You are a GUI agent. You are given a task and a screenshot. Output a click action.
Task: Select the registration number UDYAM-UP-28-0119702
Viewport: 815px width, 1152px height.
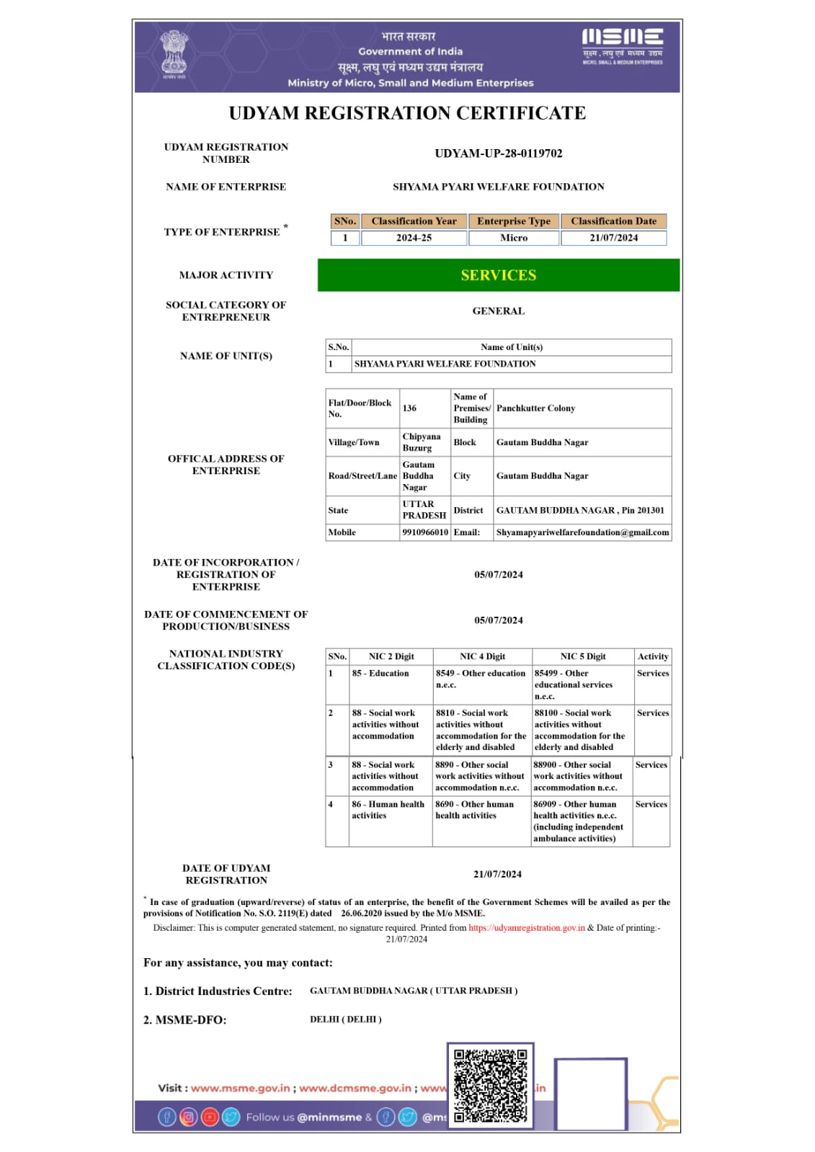click(499, 153)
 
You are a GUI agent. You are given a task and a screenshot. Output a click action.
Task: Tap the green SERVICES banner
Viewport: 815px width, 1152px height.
click(499, 275)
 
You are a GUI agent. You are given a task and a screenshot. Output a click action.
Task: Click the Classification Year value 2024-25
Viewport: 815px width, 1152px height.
click(414, 238)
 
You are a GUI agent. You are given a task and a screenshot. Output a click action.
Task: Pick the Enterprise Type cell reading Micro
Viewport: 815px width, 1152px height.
click(514, 238)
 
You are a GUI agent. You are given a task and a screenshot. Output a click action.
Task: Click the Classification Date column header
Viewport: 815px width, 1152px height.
click(613, 221)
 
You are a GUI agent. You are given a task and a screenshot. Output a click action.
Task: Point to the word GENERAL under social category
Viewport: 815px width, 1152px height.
click(499, 311)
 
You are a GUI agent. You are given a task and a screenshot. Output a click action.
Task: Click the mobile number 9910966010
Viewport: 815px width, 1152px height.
click(425, 532)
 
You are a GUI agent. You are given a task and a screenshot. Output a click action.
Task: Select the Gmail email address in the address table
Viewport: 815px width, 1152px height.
click(582, 532)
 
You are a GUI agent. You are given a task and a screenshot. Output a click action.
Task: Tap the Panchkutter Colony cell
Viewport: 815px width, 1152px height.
click(535, 408)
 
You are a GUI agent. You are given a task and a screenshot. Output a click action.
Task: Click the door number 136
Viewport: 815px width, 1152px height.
click(409, 408)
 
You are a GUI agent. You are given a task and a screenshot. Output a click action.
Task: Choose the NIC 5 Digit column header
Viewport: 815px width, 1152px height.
click(583, 656)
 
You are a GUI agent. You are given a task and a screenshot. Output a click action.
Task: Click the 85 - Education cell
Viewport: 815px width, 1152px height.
click(380, 674)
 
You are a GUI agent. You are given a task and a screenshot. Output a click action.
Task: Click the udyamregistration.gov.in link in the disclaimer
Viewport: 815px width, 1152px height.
click(527, 928)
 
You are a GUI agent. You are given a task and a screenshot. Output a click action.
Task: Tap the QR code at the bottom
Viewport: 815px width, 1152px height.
click(491, 1086)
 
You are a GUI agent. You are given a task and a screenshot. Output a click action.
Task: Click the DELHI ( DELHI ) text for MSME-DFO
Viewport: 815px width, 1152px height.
click(346, 1019)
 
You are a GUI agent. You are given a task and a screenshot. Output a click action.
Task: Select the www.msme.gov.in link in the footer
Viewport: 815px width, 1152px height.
click(241, 1088)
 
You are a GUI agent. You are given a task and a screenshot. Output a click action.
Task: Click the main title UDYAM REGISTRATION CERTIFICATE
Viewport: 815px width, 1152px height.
click(407, 113)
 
